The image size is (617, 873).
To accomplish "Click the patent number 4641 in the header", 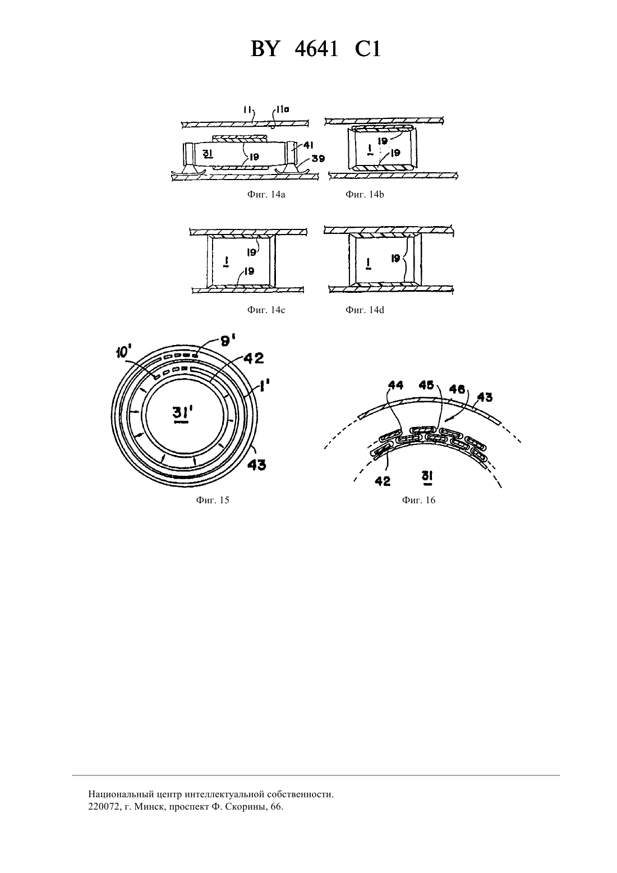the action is (x=316, y=49).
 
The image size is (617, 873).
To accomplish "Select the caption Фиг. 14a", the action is (x=266, y=195).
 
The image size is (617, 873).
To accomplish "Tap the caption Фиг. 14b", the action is (x=365, y=195).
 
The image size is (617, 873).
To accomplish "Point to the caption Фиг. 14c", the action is (x=266, y=310).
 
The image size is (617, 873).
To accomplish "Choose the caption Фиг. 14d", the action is (x=365, y=310).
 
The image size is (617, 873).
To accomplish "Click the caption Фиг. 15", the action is (x=212, y=500).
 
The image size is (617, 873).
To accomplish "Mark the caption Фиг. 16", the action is (x=418, y=500).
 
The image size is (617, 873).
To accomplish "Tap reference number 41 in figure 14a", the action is (x=308, y=145).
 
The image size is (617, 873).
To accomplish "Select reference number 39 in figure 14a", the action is (x=318, y=159).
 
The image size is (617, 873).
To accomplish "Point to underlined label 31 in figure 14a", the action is (x=208, y=154).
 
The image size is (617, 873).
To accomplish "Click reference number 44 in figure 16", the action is (x=395, y=385).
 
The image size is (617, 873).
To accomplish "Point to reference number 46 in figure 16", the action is (x=457, y=389).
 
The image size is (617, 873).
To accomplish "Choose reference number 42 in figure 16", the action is (x=383, y=481).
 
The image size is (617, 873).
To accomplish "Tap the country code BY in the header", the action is (x=265, y=49).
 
